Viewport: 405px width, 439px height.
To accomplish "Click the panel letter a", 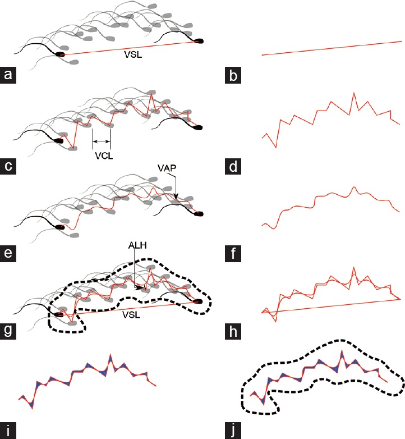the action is tap(8, 75).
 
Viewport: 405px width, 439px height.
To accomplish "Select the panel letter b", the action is tap(233, 75).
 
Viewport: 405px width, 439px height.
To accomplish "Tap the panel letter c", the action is tap(8, 166).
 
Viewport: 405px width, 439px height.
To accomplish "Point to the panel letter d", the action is tap(233, 166).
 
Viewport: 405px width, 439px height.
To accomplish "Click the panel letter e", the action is tap(8, 253).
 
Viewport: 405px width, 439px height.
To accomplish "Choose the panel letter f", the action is tap(233, 253).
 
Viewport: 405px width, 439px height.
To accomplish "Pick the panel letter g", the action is tap(8, 331).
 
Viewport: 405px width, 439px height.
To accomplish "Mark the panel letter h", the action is tap(233, 331).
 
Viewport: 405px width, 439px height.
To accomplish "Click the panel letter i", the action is tap(8, 431).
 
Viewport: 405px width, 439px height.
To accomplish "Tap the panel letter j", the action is tap(233, 431).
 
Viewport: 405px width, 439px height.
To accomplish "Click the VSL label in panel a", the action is tap(133, 54).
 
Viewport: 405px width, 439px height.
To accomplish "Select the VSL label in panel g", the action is tap(131, 315).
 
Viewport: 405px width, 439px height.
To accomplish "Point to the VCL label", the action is tap(104, 156).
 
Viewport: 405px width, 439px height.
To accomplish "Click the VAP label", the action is tap(167, 168).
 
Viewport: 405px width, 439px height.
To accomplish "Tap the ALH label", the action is tap(137, 245).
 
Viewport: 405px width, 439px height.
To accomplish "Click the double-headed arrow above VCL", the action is tap(101, 141).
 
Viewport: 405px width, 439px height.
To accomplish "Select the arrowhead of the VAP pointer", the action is tap(176, 198).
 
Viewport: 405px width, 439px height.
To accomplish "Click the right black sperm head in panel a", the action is tap(199, 41).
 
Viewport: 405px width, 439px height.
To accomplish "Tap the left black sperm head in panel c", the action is tap(59, 140).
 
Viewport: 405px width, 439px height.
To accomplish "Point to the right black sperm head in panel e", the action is tap(199, 214).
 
